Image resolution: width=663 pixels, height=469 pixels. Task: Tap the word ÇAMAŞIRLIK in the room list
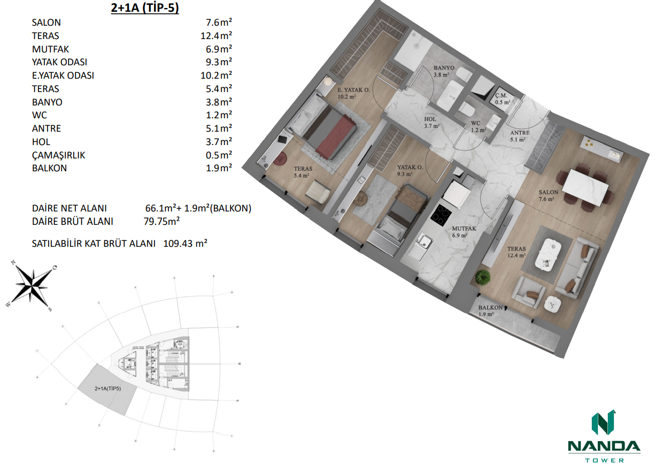click(59, 155)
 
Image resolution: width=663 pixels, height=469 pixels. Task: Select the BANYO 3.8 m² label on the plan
click(444, 72)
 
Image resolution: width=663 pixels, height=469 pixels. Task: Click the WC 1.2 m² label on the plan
click(478, 126)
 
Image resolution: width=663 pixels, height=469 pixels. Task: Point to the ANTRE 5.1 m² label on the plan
click(520, 136)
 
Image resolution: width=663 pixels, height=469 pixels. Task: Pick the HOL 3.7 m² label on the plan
click(431, 123)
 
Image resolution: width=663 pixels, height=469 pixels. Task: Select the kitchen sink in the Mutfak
click(425, 243)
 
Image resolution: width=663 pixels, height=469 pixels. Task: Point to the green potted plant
click(483, 277)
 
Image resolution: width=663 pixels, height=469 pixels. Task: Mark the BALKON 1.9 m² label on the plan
click(490, 311)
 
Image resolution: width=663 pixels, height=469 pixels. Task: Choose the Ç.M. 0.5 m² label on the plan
click(503, 99)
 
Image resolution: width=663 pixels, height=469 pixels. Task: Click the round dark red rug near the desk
click(281, 158)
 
